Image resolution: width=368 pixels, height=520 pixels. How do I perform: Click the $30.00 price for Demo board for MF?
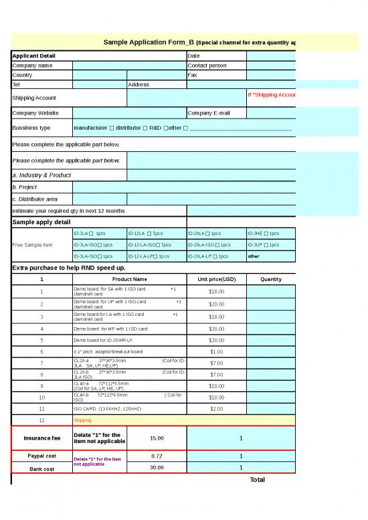(217, 329)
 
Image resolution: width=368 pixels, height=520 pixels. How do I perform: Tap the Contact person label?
(207, 66)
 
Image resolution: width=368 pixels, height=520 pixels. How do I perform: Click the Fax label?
(193, 75)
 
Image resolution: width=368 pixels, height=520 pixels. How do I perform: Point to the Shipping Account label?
(34, 98)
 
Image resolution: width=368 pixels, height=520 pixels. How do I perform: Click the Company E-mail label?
(209, 113)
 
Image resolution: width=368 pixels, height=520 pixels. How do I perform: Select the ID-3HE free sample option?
(263, 234)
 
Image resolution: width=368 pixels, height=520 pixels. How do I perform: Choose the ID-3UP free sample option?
(263, 244)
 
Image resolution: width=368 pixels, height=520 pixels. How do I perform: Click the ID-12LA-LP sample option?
(149, 256)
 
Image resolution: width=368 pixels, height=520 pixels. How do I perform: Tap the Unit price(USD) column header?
(217, 279)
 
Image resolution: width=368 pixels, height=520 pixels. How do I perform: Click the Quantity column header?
(270, 279)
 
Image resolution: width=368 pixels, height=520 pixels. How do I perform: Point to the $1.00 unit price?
(217, 351)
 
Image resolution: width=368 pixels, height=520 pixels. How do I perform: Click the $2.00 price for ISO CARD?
(217, 408)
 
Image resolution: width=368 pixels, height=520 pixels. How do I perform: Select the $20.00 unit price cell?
(217, 304)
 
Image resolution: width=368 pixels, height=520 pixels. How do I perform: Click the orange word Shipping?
(83, 420)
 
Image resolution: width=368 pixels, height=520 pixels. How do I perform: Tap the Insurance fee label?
(42, 438)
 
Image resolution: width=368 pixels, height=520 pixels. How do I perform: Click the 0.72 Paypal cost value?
(157, 456)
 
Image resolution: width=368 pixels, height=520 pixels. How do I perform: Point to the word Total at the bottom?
(257, 479)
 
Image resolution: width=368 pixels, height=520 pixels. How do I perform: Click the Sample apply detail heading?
(41, 222)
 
